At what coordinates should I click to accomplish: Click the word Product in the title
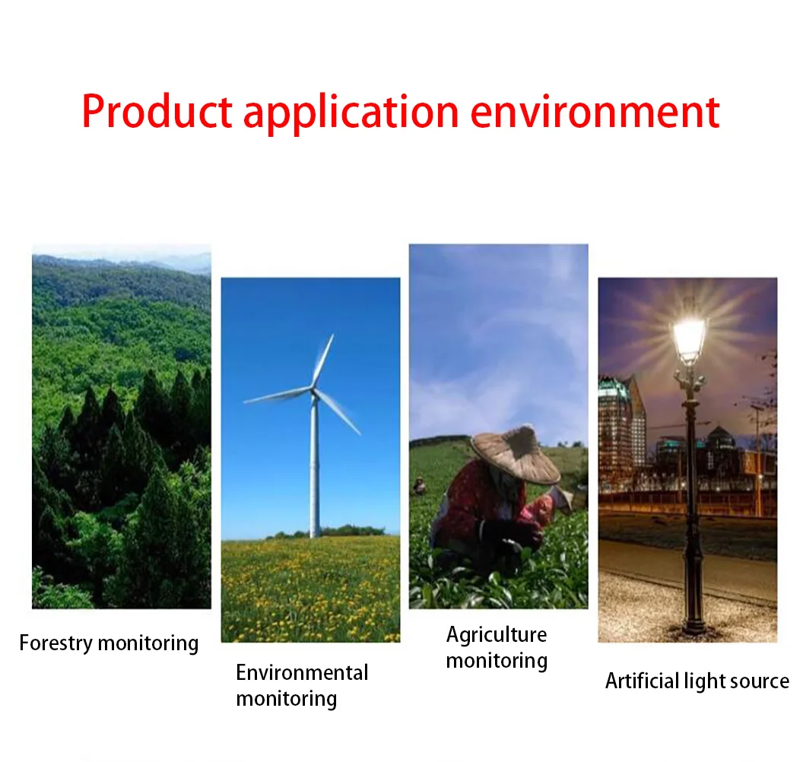point(157,111)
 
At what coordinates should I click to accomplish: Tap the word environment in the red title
point(595,112)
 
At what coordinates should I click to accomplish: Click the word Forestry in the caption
point(56,643)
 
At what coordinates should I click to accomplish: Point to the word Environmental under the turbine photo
point(302,672)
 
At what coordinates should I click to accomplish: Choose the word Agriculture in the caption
point(497,635)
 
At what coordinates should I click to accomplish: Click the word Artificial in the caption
point(643,681)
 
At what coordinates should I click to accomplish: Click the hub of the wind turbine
point(313,391)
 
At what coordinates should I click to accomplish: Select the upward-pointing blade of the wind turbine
point(323,361)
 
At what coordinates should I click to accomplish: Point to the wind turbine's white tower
point(315,466)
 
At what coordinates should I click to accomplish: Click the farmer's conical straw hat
point(516,454)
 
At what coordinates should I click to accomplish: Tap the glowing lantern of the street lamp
point(689,338)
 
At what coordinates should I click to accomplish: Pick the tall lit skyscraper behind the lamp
point(621,430)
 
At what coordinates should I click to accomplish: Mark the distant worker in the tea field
point(420,485)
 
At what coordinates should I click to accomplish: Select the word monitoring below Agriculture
point(497,661)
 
